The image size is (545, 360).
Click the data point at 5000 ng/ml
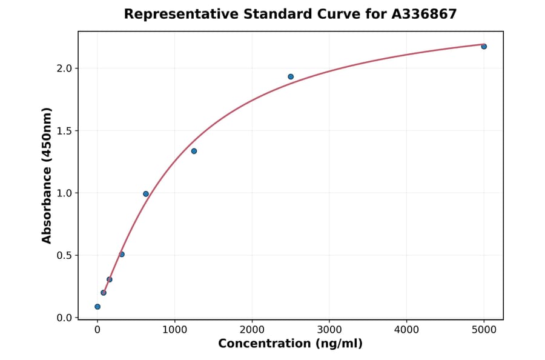484,47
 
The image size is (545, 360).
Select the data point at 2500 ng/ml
291,77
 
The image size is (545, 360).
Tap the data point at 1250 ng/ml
194,151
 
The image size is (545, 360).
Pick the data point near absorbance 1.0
146,194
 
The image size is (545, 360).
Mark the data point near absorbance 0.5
122,255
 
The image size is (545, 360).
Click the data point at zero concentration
97,307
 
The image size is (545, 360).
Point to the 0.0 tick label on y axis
64,318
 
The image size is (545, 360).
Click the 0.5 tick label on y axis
64,255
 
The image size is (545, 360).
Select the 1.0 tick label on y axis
64,193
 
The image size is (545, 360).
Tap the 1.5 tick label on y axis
64,130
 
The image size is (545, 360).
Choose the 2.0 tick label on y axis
64,68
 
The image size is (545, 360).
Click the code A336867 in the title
424,14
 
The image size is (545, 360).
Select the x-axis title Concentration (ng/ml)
291,344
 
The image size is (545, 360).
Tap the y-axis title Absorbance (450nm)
47,175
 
